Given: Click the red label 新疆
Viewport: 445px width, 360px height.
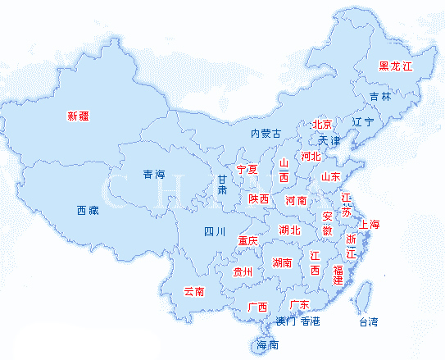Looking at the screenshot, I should click(78, 116).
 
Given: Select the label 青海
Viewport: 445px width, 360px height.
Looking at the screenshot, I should click(154, 174).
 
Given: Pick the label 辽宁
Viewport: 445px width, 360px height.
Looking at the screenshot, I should click(362, 122).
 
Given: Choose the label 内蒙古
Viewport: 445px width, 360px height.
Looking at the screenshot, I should click(266, 133).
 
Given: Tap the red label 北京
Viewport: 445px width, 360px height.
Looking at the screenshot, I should click(323, 125).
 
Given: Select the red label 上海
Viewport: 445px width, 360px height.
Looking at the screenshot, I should click(370, 225).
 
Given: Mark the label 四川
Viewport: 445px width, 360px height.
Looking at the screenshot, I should click(215, 232).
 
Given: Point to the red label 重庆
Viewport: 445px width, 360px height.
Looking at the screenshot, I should click(247, 241).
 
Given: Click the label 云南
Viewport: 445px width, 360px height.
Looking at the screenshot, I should click(194, 290).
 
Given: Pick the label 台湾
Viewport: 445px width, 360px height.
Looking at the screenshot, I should click(369, 321).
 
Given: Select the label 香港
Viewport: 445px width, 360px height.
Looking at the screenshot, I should click(311, 321).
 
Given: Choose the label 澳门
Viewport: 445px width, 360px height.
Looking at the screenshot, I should click(285, 321).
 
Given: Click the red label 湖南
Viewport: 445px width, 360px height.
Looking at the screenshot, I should click(282, 263).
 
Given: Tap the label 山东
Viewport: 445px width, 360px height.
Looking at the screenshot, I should click(330, 176).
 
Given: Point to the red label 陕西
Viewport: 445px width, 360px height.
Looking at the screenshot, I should click(259, 199).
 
